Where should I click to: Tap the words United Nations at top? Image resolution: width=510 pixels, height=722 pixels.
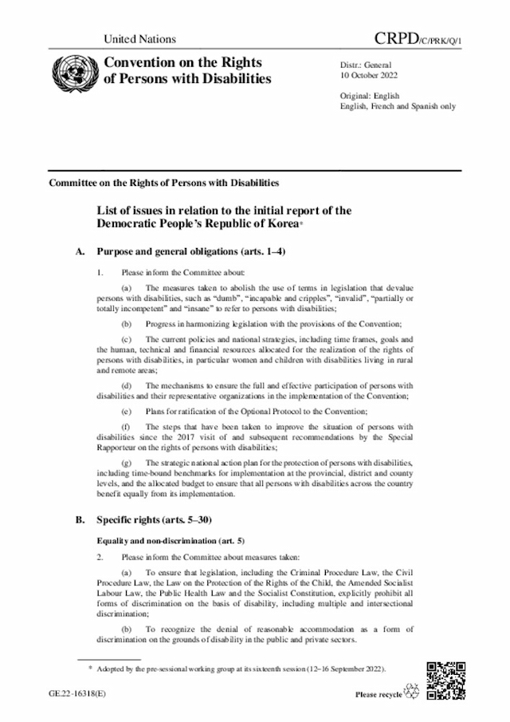[140, 39]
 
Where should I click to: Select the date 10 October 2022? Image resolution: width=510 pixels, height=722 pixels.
[369, 77]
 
